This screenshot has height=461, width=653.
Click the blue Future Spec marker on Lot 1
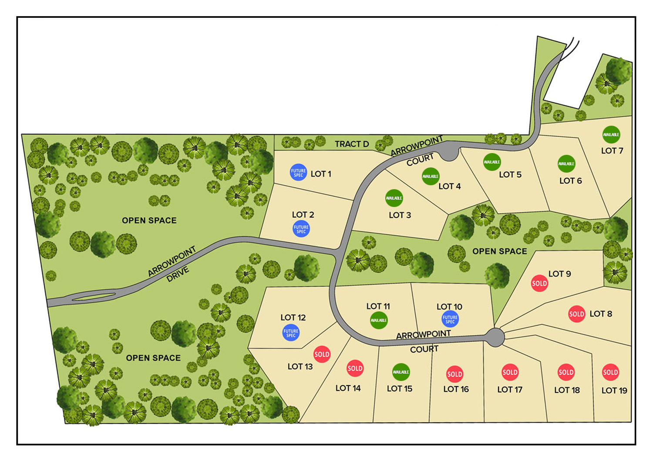[298, 172]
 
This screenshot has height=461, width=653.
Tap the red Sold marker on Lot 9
[539, 283]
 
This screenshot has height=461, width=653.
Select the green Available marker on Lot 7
[611, 134]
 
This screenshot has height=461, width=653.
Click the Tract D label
[352, 144]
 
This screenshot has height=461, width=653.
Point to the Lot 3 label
[400, 215]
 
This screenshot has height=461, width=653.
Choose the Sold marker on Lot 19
[610, 372]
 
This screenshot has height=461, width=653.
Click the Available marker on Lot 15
[401, 372]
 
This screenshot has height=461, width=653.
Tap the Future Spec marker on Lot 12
[291, 333]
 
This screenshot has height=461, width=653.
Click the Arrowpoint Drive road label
[172, 265]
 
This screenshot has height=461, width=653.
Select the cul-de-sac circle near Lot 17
[495, 337]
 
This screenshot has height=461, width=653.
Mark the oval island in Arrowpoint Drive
[94, 297]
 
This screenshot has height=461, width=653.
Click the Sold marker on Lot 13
[322, 354]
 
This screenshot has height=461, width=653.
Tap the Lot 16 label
[456, 389]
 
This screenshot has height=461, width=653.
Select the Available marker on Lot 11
[378, 320]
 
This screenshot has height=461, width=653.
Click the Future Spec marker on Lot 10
[450, 319]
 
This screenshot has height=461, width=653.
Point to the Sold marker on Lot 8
[576, 314]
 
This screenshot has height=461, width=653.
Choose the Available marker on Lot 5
[492, 162]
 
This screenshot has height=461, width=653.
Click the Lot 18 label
[567, 390]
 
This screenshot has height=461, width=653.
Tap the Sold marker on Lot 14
[355, 368]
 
